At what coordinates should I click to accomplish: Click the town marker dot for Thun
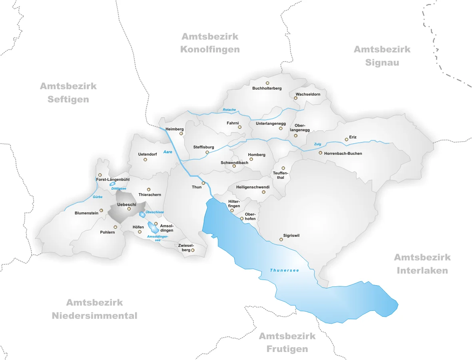pyautogui.click(x=203, y=183)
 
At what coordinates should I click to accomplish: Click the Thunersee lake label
pyautogui.click(x=285, y=270)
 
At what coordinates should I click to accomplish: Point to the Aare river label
pyautogui.click(x=168, y=152)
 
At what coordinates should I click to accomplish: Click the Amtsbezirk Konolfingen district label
pyautogui.click(x=210, y=43)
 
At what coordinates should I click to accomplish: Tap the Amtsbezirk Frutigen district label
pyautogui.click(x=287, y=342)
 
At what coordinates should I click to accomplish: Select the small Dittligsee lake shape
pyautogui.click(x=112, y=184)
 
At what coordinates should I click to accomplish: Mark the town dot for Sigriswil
pyautogui.click(x=281, y=240)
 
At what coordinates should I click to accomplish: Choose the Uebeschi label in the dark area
pyautogui.click(x=127, y=204)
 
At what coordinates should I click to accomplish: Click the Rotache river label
pyautogui.click(x=229, y=110)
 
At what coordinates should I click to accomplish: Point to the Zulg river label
pyautogui.click(x=318, y=144)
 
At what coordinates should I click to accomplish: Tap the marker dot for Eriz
pyautogui.click(x=347, y=140)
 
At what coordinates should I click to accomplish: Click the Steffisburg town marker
pyautogui.click(x=207, y=152)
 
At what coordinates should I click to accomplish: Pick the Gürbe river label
pyautogui.click(x=97, y=197)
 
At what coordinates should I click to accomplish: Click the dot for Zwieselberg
pyautogui.click(x=193, y=250)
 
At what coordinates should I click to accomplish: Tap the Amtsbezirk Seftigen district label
pyautogui.click(x=68, y=92)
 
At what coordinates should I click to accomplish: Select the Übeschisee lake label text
pyautogui.click(x=155, y=212)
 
